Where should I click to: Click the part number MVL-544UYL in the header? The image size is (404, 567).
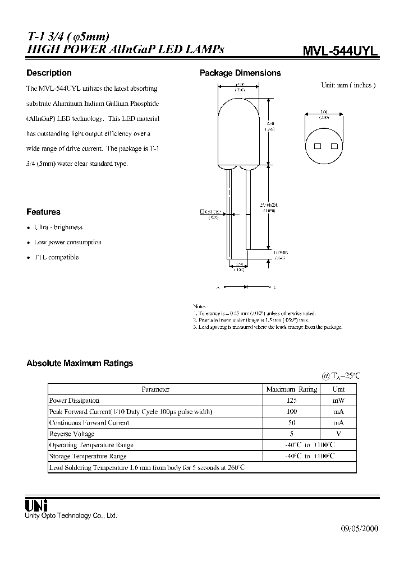coord(340,50)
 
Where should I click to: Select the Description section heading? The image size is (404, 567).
coord(49,73)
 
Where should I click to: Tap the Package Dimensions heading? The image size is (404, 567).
coord(240,73)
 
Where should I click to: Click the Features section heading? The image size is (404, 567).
coord(43,212)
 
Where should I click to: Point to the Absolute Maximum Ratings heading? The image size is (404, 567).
coord(80,363)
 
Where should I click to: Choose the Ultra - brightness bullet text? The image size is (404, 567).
coord(58,227)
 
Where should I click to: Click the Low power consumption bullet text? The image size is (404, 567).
coord(67,243)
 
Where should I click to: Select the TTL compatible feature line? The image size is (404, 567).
coord(56,257)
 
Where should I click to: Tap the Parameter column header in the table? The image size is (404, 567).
coord(155,389)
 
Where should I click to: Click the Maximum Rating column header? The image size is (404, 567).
coord(291,389)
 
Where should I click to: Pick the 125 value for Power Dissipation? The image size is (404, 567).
coord(291,401)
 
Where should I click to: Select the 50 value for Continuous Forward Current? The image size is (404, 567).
coord(291,423)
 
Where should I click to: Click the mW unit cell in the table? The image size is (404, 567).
coord(338,401)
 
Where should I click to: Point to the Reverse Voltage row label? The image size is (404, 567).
coord(72,434)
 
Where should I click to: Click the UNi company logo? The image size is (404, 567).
coord(36,504)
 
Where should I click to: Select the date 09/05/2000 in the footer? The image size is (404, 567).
coord(360,529)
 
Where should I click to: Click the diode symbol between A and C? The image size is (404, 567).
coord(245,287)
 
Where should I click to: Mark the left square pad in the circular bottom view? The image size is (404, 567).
coord(318,146)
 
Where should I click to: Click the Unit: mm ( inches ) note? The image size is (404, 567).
coord(348,86)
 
